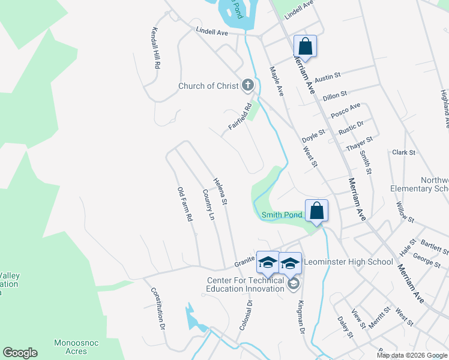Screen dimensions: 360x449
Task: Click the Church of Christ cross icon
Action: (x=248, y=86)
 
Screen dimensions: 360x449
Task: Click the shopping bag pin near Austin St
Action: (x=305, y=46)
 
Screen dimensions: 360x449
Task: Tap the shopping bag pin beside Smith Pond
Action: (x=316, y=211)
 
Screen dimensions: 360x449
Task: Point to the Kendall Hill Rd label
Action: (x=155, y=47)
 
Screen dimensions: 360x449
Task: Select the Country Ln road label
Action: (x=209, y=205)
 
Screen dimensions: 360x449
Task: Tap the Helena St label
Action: (x=220, y=192)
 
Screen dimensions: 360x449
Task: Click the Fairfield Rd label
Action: (x=239, y=118)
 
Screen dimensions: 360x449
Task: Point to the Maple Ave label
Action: (x=276, y=82)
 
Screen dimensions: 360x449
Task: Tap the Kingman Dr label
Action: (x=301, y=317)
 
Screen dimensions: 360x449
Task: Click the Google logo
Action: (x=20, y=353)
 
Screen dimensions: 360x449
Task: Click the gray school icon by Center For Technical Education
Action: (x=293, y=285)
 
